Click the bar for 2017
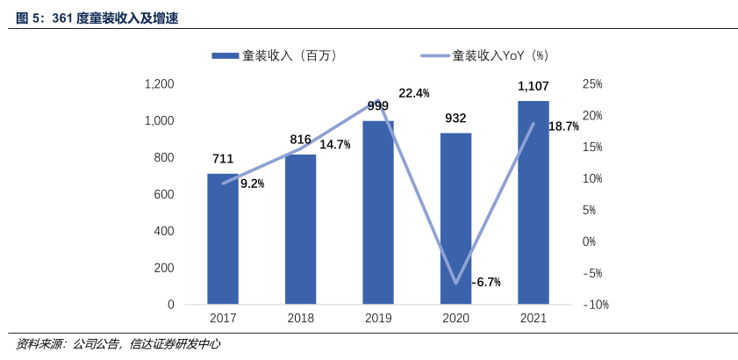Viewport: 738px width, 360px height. [x=223, y=239]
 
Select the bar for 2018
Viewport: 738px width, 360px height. [x=300, y=229]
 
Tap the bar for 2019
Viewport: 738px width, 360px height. [x=378, y=212]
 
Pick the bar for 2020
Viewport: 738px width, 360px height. [x=455, y=219]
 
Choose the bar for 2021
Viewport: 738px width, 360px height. [x=534, y=203]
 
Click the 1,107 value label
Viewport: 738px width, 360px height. [x=534, y=86]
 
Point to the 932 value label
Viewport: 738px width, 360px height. [x=455, y=118]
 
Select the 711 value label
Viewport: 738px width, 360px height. [x=223, y=159]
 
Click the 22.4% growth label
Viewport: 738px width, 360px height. [x=413, y=93]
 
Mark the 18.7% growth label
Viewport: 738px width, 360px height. [x=564, y=126]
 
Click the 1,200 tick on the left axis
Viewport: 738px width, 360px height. [x=159, y=84]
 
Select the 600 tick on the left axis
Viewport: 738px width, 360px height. [x=164, y=194]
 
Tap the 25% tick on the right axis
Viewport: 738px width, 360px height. [x=591, y=84]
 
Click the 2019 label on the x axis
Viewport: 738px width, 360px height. [x=378, y=319]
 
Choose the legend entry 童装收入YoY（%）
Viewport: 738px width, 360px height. [x=500, y=55]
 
